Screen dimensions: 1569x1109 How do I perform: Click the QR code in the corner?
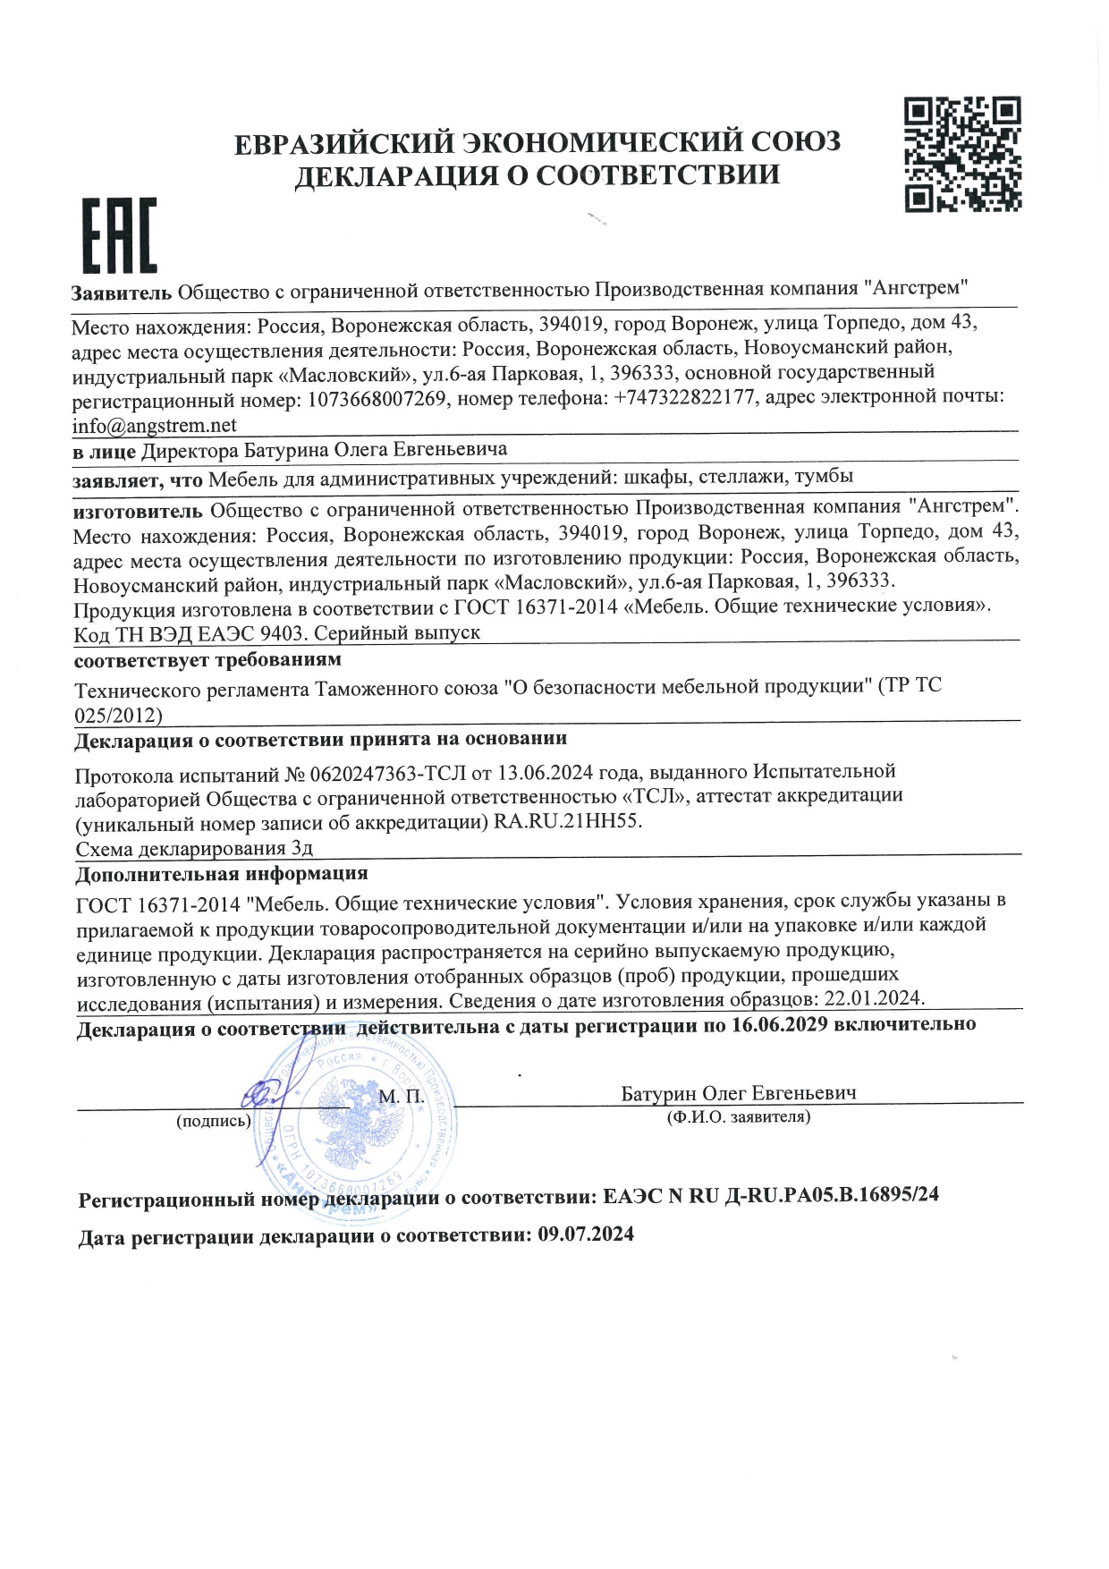tap(962, 155)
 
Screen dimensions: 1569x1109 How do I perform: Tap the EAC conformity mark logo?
tap(119, 236)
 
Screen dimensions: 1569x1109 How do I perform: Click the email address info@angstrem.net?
tap(155, 426)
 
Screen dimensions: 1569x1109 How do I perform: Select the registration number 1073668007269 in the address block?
tap(377, 399)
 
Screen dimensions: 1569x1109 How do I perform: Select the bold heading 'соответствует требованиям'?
tap(207, 660)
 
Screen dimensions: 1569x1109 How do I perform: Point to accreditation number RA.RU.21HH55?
tap(568, 821)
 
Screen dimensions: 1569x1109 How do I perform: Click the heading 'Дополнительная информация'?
tap(221, 874)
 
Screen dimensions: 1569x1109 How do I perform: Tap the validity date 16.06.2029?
tap(779, 1025)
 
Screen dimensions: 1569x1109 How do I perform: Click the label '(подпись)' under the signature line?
tap(214, 1121)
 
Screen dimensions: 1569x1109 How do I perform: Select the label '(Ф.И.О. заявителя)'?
tap(739, 1117)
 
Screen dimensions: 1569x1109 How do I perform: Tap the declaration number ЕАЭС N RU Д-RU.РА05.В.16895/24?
tap(771, 1195)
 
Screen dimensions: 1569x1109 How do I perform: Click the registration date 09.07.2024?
tap(586, 1235)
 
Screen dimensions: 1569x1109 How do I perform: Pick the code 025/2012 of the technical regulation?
tap(118, 716)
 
